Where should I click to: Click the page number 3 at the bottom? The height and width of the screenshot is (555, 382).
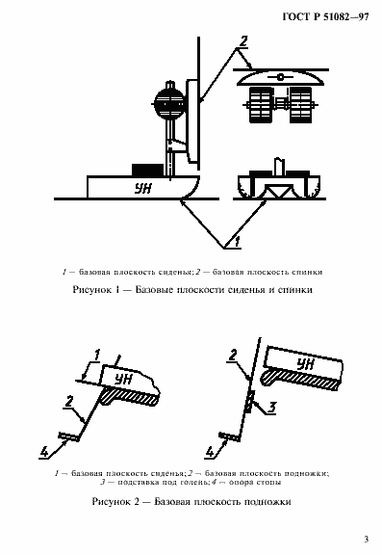pos(365,538)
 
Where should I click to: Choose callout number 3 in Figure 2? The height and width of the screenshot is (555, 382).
pos(271,407)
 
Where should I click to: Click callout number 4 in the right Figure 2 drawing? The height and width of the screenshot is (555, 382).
pos(211,449)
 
